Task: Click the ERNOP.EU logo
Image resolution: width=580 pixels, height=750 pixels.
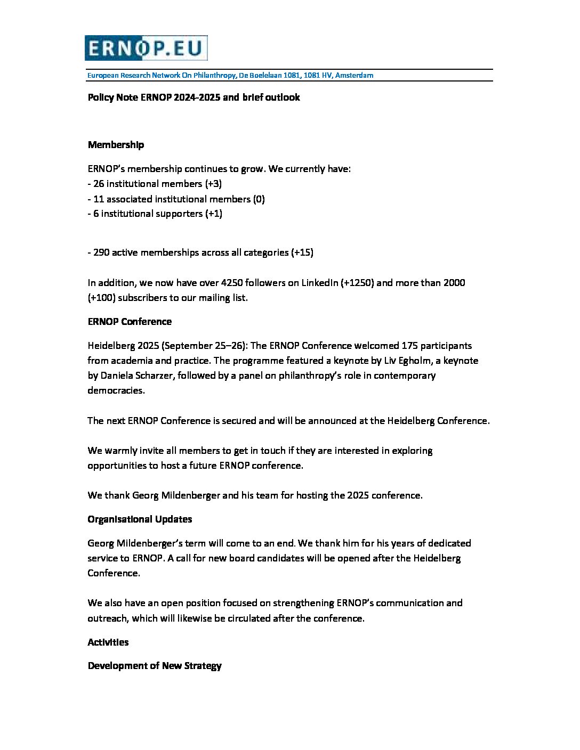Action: [146, 48]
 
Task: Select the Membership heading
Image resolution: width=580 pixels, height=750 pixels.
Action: [116, 145]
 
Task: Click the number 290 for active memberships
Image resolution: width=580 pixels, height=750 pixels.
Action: [101, 252]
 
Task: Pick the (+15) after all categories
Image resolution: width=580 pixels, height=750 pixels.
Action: [302, 252]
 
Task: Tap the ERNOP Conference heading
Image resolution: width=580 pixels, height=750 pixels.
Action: [130, 322]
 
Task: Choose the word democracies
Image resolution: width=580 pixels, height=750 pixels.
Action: [116, 390]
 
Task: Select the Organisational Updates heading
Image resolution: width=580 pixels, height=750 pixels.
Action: [140, 519]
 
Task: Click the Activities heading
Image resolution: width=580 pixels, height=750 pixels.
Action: [108, 642]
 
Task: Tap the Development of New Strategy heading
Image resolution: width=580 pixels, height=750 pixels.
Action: [155, 666]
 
